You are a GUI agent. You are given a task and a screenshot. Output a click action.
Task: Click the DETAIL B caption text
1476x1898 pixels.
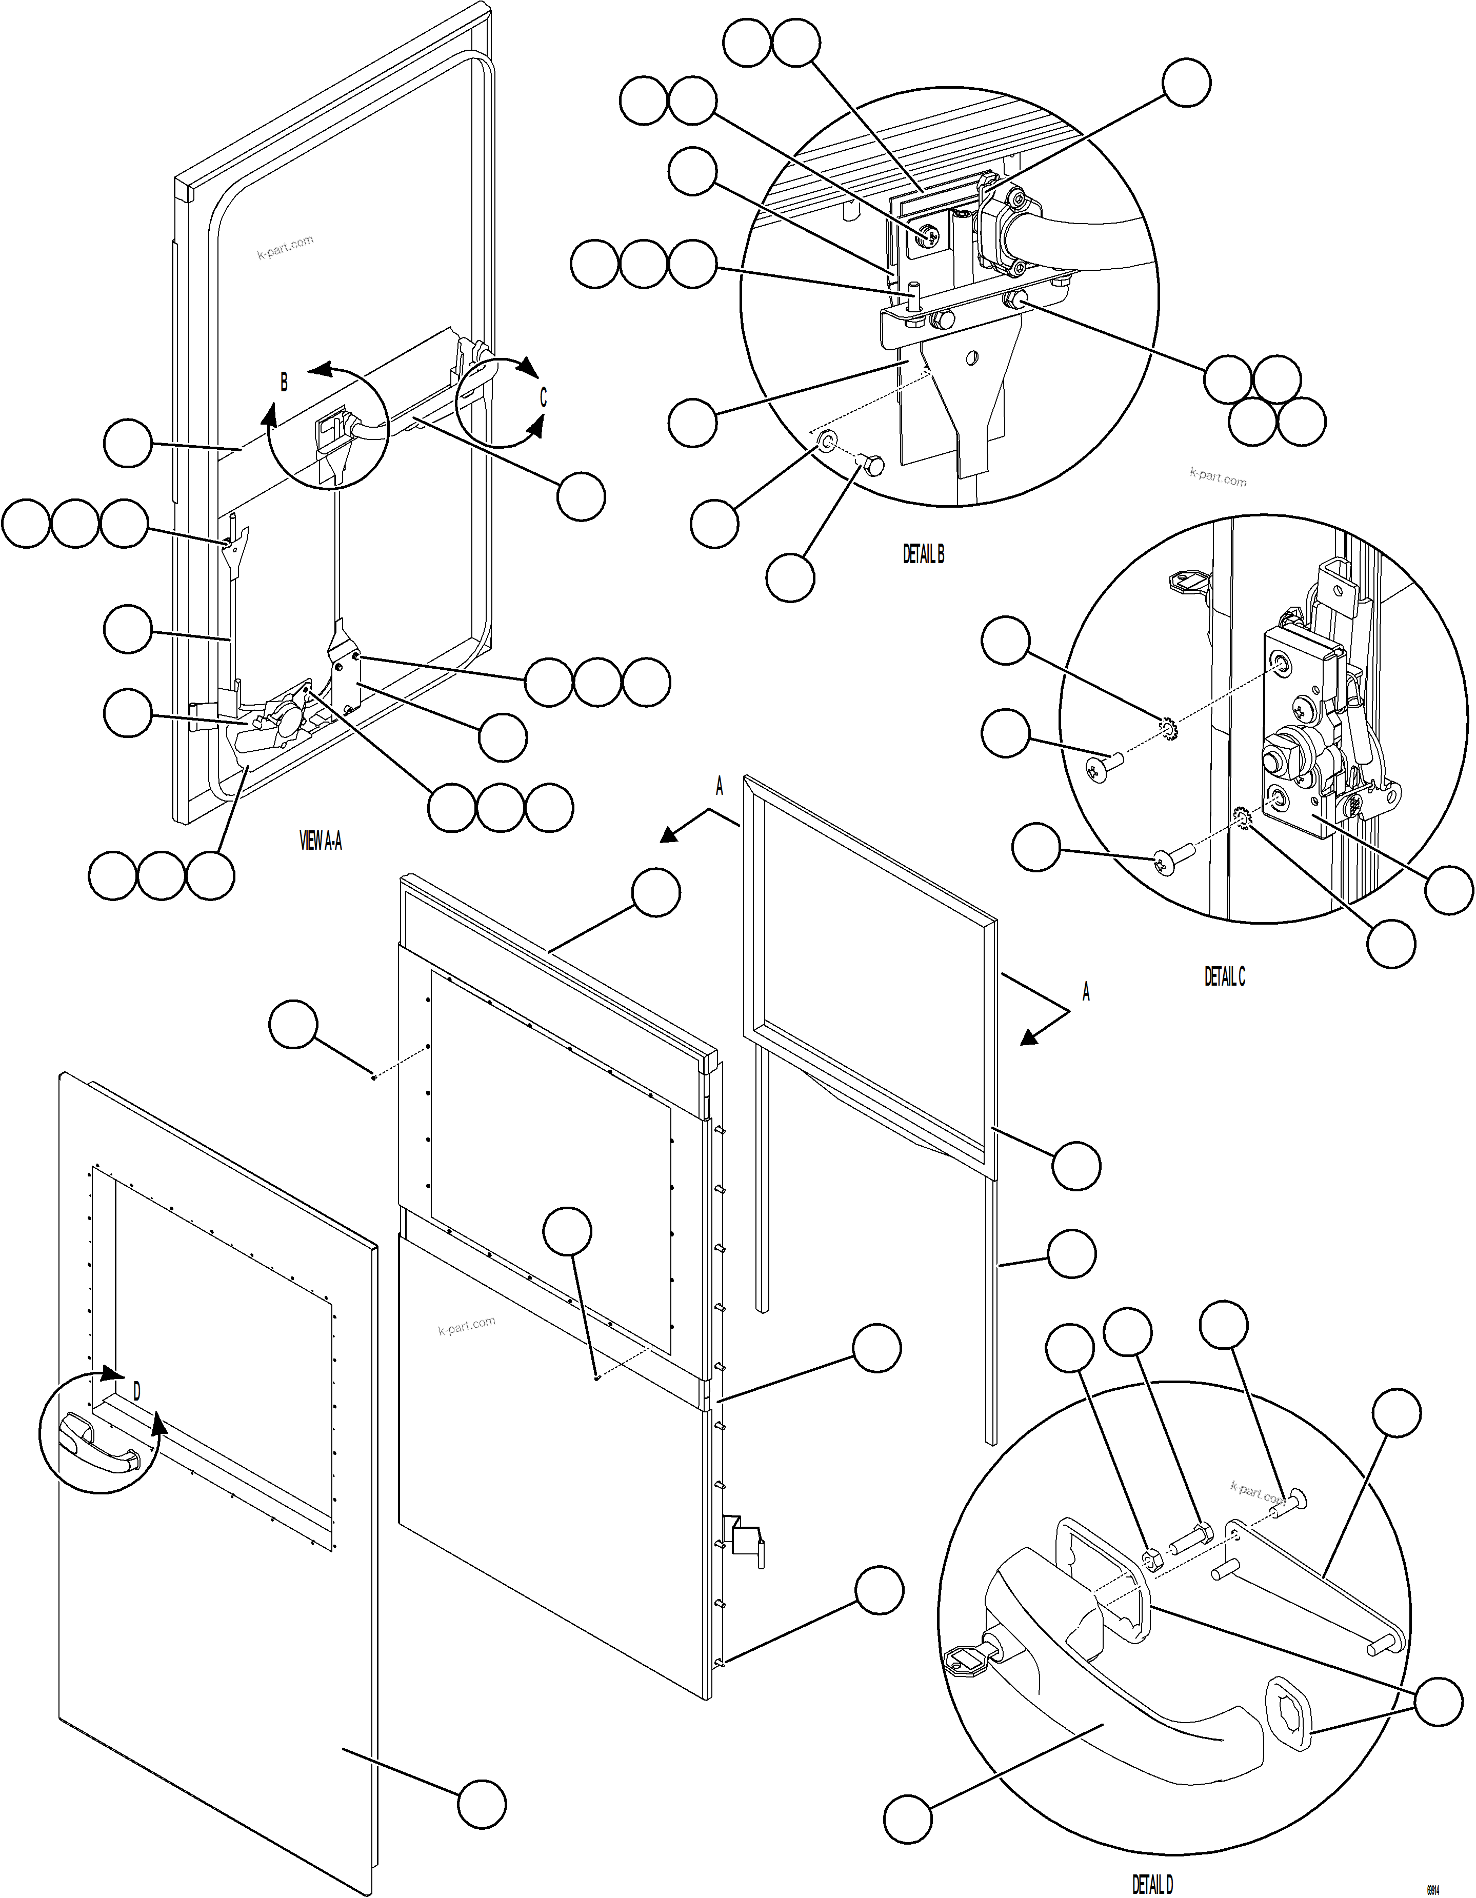coord(923,554)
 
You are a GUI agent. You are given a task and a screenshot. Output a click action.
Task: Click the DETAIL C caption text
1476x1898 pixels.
coord(1224,977)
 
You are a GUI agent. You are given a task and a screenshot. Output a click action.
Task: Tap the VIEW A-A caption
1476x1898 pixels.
coord(320,841)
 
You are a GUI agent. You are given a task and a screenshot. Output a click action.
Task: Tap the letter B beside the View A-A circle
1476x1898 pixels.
coord(284,382)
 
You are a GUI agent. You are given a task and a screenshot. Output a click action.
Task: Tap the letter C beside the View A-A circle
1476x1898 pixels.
coord(543,397)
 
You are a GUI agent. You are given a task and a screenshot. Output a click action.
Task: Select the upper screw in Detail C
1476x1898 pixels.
coord(1104,763)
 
